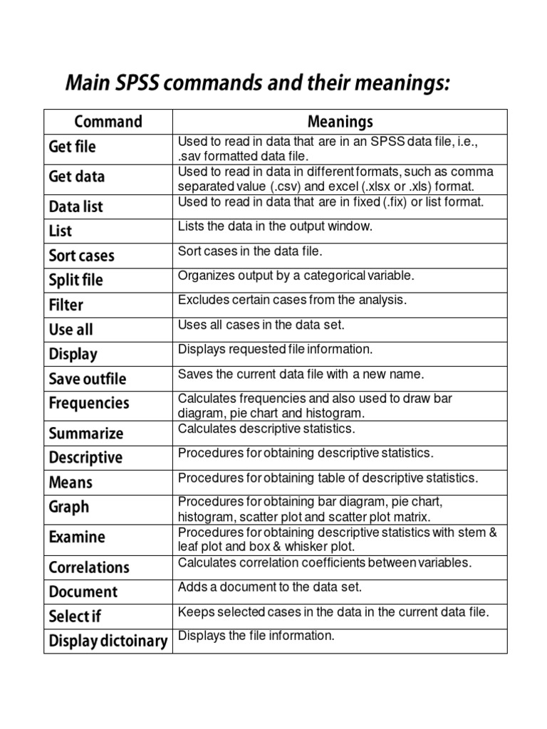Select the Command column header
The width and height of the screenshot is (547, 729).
pyautogui.click(x=108, y=122)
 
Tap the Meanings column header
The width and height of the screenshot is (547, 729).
pyautogui.click(x=340, y=122)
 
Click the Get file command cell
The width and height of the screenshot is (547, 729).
pyautogui.click(x=72, y=147)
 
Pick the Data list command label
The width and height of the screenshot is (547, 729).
pyautogui.click(x=76, y=206)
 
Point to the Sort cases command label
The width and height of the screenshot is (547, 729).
pyautogui.click(x=81, y=255)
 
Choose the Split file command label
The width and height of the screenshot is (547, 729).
pyautogui.click(x=76, y=280)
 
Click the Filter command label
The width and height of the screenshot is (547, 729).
pyautogui.click(x=66, y=305)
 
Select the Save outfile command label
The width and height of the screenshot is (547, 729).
pyautogui.click(x=88, y=379)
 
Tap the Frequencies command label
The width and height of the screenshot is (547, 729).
pyautogui.click(x=89, y=403)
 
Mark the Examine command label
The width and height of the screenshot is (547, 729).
pyautogui.click(x=77, y=537)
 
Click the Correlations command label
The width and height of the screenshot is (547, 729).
pyautogui.click(x=89, y=567)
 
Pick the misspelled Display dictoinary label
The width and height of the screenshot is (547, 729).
pyautogui.click(x=108, y=641)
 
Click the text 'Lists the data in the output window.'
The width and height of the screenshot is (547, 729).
pyautogui.click(x=275, y=226)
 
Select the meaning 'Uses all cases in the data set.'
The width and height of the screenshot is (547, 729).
pyautogui.click(x=261, y=325)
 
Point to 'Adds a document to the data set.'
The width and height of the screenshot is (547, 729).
pyautogui.click(x=270, y=587)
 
